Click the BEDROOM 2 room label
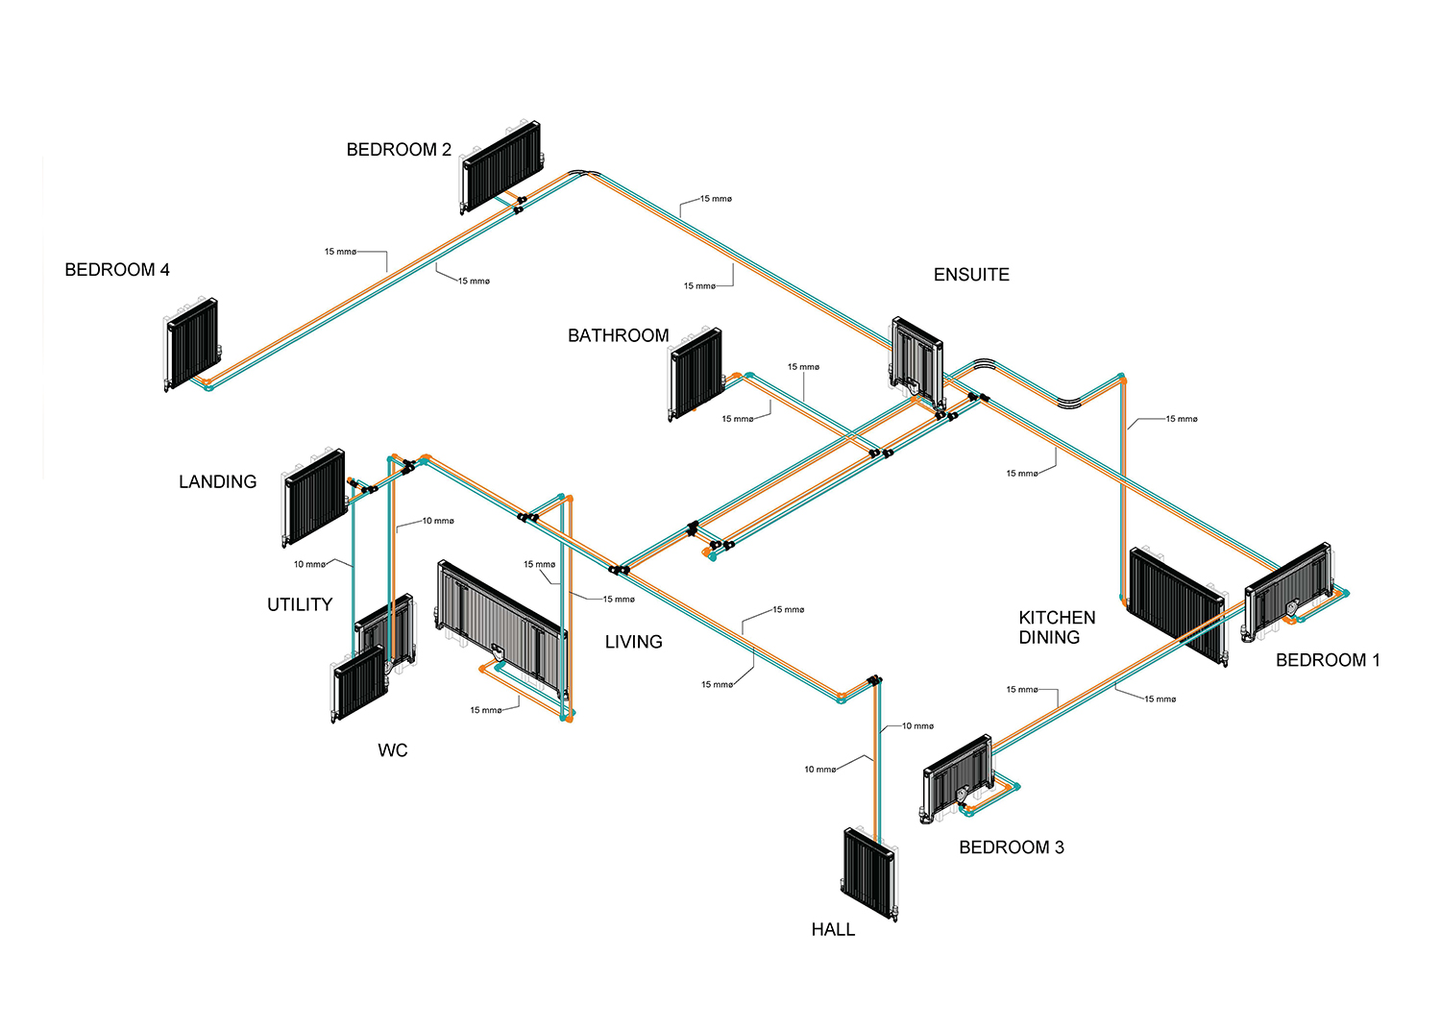[399, 150]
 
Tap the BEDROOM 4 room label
[117, 270]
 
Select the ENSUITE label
[971, 275]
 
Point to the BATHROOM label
[619, 335]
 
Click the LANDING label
[217, 482]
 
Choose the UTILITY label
[300, 604]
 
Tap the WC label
[392, 750]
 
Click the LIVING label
[634, 642]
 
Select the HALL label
[833, 930]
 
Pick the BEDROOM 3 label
[1012, 847]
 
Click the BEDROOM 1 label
[1328, 660]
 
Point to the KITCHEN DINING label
[1057, 627]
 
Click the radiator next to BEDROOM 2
[501, 166]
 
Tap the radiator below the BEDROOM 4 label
[192, 344]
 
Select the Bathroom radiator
[696, 373]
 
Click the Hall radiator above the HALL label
[869, 873]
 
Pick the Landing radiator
[314, 498]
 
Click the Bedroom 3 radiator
[957, 778]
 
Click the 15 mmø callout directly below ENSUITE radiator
[1022, 474]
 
